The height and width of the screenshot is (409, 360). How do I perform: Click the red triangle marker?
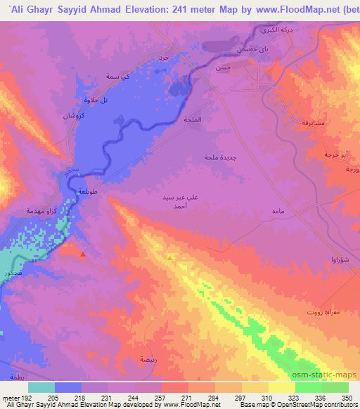pos(83,254)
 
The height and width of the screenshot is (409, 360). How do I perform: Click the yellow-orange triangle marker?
pos(170,257)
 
